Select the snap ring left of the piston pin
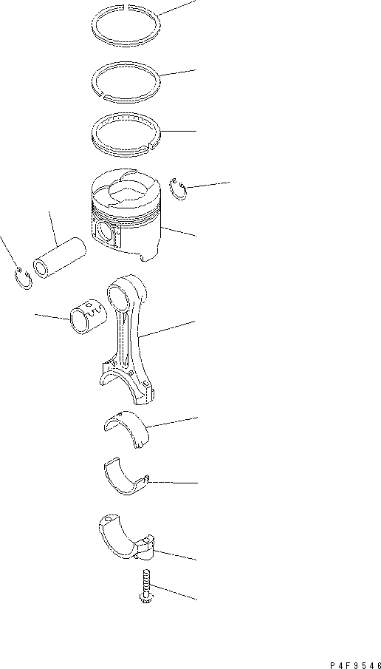(x=24, y=280)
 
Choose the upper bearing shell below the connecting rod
(x=126, y=429)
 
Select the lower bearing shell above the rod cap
(x=122, y=480)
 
